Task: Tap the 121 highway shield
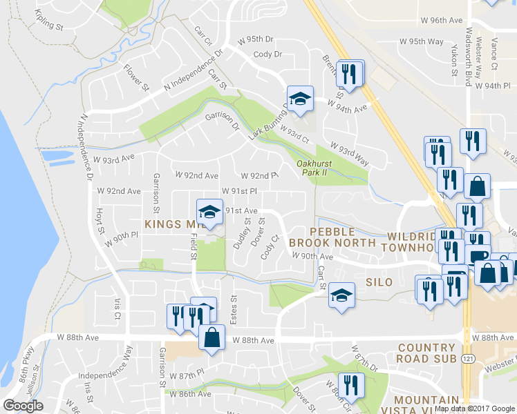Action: click(469, 359)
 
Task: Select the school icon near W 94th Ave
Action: click(301, 98)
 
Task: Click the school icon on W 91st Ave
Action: click(209, 211)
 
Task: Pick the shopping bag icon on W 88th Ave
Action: click(211, 337)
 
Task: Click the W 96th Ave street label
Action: click(441, 21)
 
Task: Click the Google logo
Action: click(23, 406)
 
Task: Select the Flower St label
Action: click(136, 78)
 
